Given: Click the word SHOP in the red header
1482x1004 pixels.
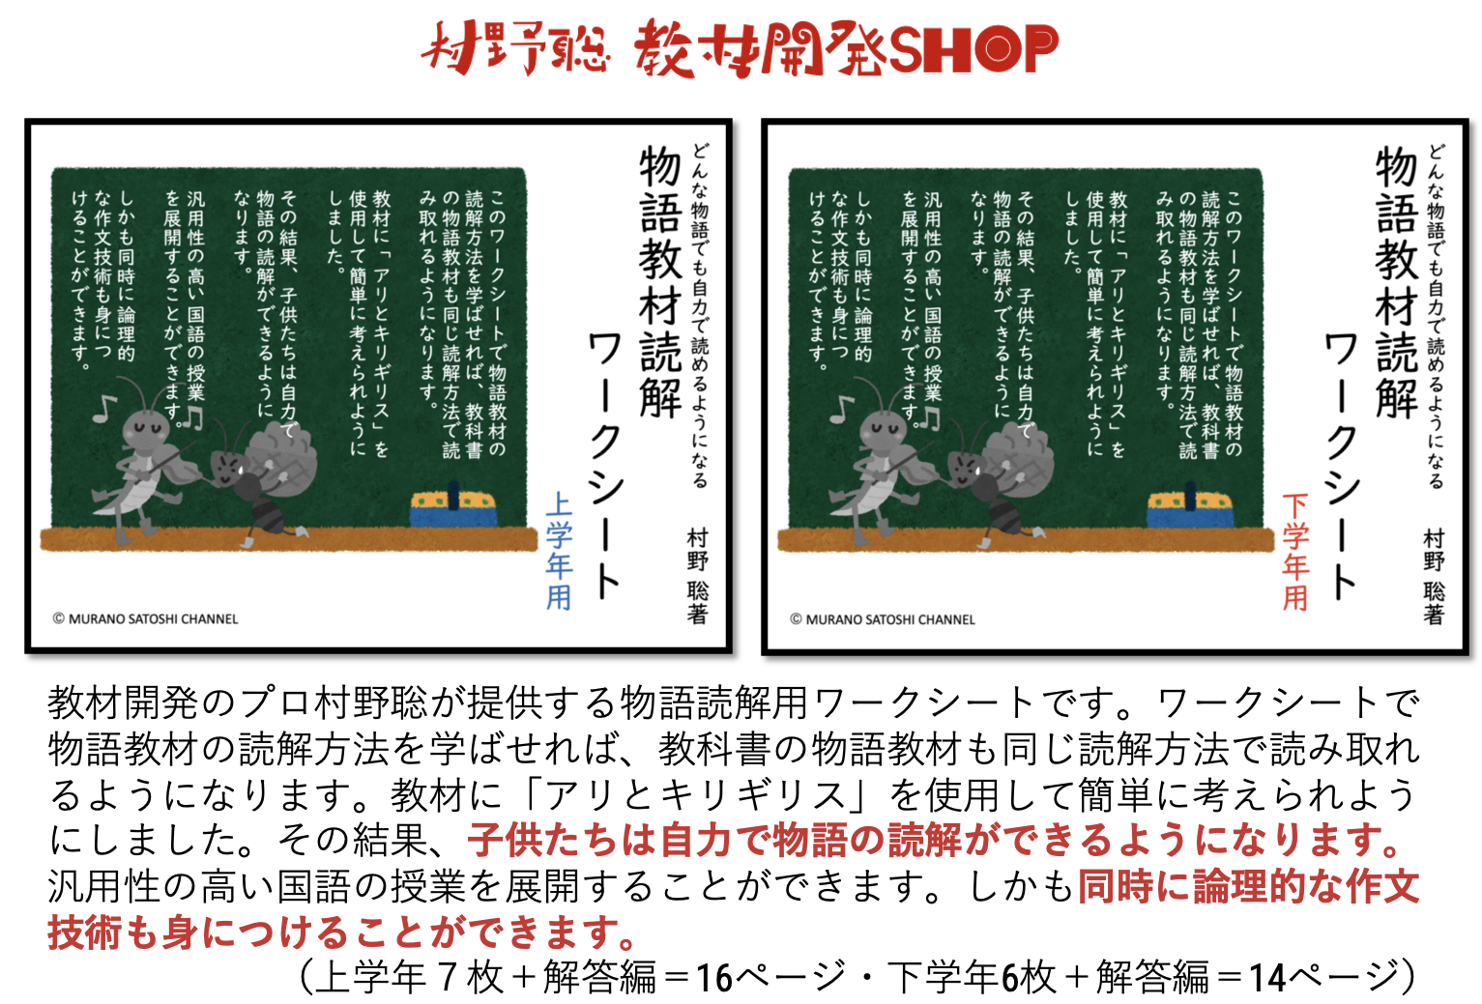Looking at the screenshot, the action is tap(973, 48).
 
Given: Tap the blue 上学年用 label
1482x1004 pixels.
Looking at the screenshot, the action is tap(559, 551).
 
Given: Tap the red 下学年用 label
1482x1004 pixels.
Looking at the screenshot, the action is tap(1295, 552).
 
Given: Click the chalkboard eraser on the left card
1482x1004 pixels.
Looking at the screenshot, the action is tap(453, 506).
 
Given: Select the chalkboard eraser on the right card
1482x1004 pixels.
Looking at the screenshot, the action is tap(1190, 506).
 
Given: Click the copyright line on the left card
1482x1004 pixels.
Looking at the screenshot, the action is tap(146, 619).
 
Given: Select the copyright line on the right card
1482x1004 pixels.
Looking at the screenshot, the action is tap(883, 619).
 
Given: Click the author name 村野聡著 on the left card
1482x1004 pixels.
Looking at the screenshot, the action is tap(697, 575).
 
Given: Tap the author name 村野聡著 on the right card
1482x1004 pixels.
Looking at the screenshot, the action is tap(1434, 576).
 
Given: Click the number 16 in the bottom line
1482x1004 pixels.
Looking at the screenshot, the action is tap(714, 978).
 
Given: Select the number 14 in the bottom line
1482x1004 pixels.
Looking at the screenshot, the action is tap(1267, 978).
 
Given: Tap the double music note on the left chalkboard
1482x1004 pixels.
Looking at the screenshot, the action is tap(192, 417).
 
